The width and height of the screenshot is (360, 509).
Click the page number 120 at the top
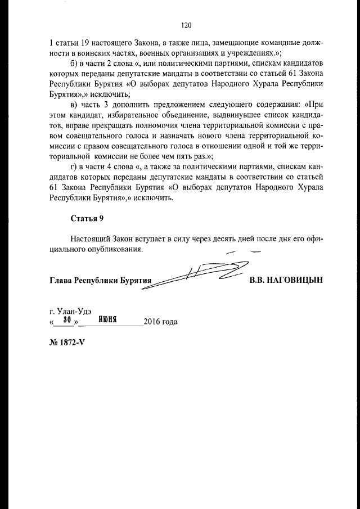coord(187,25)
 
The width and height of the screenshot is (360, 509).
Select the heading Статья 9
coord(87,218)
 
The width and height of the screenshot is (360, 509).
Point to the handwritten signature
coord(197,274)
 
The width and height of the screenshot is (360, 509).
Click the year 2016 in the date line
coord(152,322)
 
